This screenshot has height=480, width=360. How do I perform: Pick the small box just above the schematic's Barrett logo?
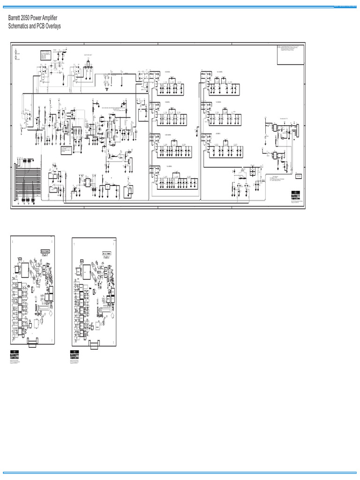[x=298, y=176]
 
